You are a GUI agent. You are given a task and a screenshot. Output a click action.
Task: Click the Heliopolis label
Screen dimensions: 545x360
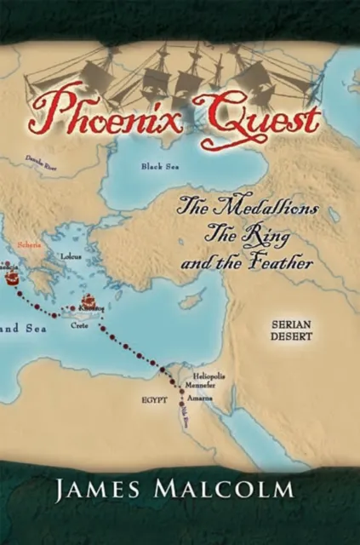[x=209, y=376]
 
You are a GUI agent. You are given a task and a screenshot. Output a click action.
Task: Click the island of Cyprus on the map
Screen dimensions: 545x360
[x=194, y=300]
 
